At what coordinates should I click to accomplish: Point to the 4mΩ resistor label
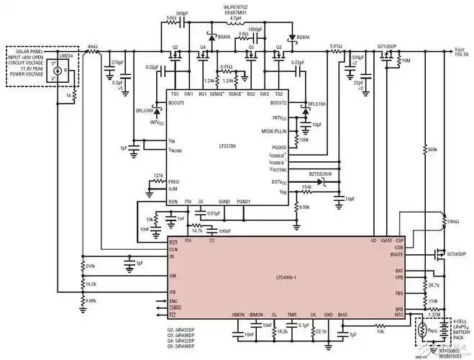91,46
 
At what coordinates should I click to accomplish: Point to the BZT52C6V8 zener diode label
324,174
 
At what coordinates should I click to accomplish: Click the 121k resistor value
158,176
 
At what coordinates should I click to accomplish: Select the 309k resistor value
432,149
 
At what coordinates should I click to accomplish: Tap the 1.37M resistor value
434,314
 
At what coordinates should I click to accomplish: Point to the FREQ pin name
173,182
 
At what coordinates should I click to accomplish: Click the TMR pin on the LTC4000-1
291,315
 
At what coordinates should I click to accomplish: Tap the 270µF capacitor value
118,64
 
